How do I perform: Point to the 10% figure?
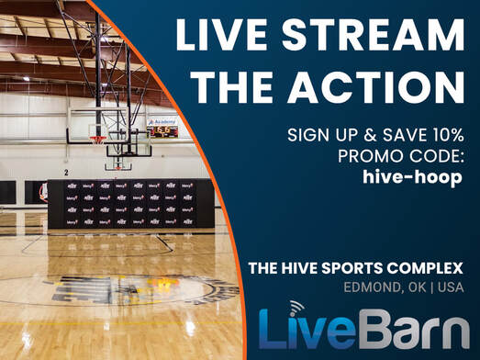442,134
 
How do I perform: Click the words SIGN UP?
318,134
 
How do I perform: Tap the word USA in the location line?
449,287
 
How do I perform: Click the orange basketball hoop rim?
97,140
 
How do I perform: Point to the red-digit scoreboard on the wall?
164,131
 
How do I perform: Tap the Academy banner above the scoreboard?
161,119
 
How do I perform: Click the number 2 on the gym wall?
66,172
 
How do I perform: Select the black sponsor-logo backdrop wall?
128,203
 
